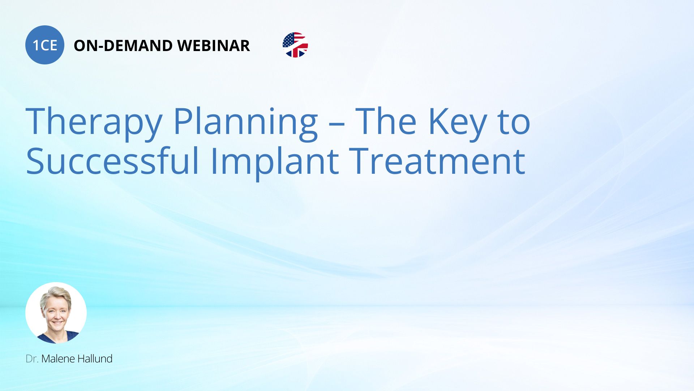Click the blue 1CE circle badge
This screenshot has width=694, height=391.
(45, 45)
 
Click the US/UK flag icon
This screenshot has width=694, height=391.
(295, 45)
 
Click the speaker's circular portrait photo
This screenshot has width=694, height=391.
(56, 313)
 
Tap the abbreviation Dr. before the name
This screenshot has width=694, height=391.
(32, 359)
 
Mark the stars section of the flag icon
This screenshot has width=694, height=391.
(288, 40)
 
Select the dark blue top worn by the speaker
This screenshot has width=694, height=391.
(56, 338)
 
